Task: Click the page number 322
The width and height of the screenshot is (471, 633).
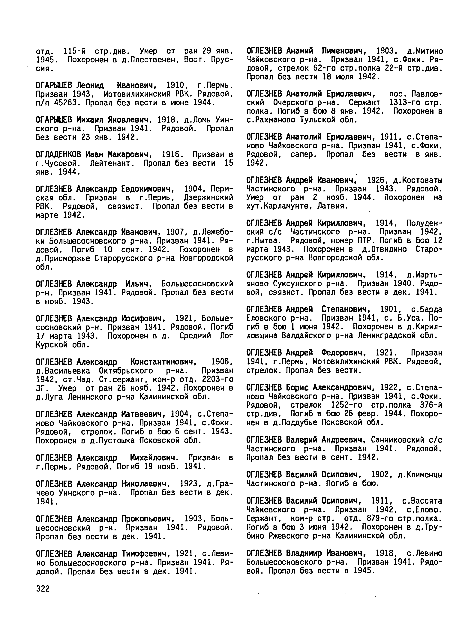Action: coord(43,589)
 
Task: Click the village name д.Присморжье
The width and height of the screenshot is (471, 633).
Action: coord(63,259)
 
